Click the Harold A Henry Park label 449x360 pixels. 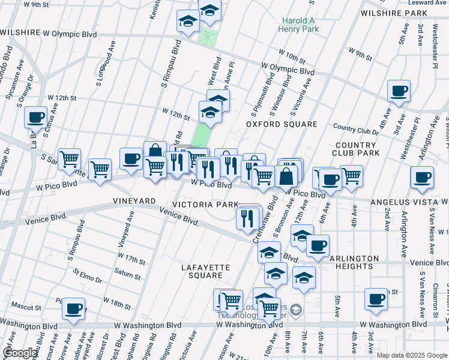pos(300,24)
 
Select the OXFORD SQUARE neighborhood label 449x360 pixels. pos(282,124)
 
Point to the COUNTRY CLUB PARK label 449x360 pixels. pos(357,149)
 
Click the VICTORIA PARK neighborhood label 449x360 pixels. pos(205,205)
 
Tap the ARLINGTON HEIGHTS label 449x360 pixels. pos(354,262)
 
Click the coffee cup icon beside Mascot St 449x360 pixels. pos(73,308)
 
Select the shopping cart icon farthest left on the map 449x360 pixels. pos(70,159)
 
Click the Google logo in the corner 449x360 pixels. pos(20,353)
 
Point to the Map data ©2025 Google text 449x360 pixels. pos(411,355)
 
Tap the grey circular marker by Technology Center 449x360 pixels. pos(295,310)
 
